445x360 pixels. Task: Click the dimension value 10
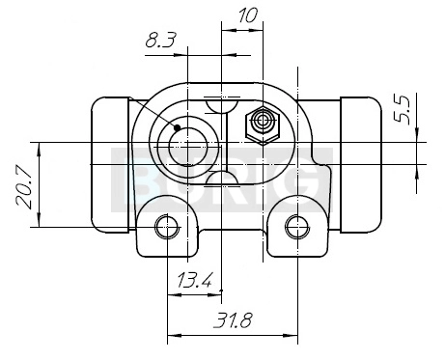click(248, 15)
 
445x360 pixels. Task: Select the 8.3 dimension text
click(160, 41)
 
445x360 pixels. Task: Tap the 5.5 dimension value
click(403, 110)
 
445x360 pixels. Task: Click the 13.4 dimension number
click(195, 280)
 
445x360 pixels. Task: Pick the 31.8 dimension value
click(233, 320)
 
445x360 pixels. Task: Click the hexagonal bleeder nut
click(263, 125)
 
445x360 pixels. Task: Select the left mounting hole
click(167, 227)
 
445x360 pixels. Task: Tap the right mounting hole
click(297, 227)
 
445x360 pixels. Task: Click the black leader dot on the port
click(177, 128)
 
